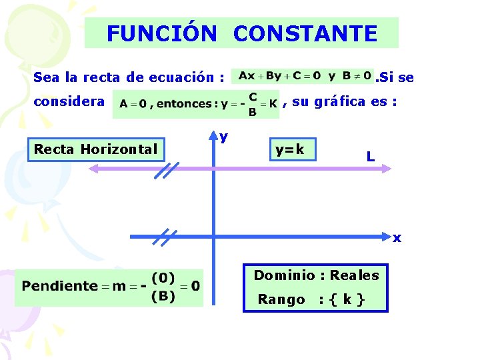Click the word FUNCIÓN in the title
pos(161,33)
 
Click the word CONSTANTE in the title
pos(305,33)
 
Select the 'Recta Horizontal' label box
pos(95,149)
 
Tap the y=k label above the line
pos(290,149)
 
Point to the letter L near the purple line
pos(369,157)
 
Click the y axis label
pos(224,137)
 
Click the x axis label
pos(397,238)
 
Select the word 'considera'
pos(69,102)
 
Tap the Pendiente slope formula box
pos(109,287)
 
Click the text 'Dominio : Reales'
pos(316,275)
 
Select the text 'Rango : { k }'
pos(311,299)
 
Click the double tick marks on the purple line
pos(165,171)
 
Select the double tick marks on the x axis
pos(163,237)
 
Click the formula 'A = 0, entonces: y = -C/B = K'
pos(196,104)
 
